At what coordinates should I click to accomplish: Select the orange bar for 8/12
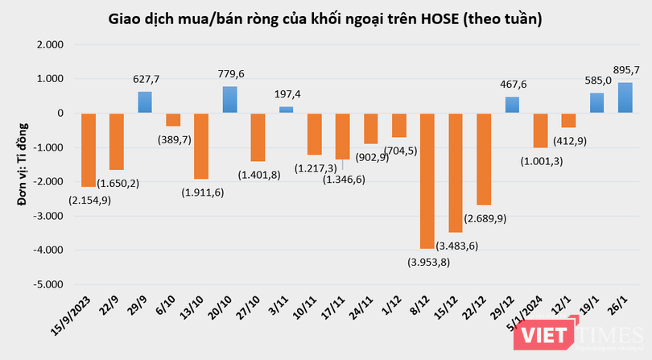point(427,180)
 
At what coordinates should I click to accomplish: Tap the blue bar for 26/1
point(625,97)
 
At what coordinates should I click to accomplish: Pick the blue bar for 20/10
point(230,100)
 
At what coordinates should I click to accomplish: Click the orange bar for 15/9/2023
point(89,150)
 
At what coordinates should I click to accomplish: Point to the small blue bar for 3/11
point(287,110)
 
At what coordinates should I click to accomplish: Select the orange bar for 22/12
point(485,159)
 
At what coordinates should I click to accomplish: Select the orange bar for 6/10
point(173,120)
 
